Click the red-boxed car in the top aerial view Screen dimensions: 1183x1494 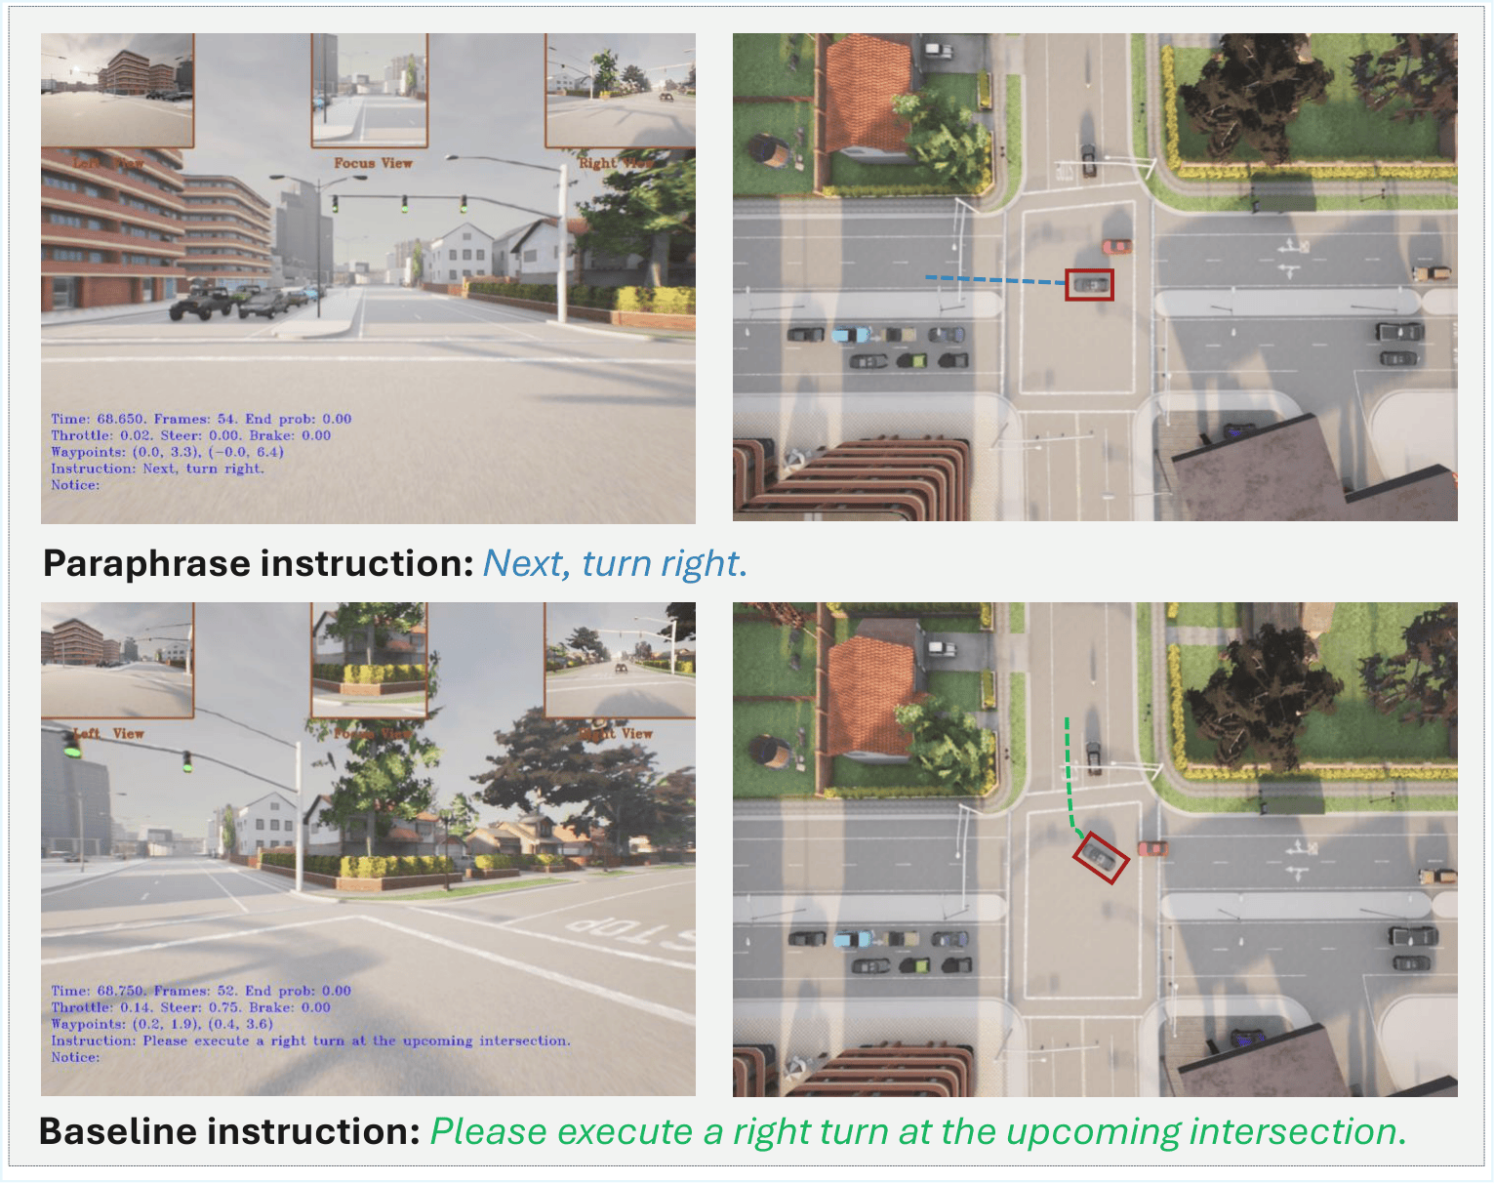tap(1089, 285)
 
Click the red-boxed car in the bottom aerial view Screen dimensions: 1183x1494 tap(1101, 857)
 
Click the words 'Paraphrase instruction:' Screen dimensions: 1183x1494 tap(259, 564)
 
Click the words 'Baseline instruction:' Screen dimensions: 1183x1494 tap(229, 1132)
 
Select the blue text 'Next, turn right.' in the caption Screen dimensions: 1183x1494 tap(615, 564)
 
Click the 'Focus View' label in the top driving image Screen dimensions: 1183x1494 tap(373, 163)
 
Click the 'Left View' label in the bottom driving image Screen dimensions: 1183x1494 tap(108, 733)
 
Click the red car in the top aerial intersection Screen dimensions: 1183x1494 tap(1116, 246)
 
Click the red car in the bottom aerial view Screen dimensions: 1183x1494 tap(1152, 848)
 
